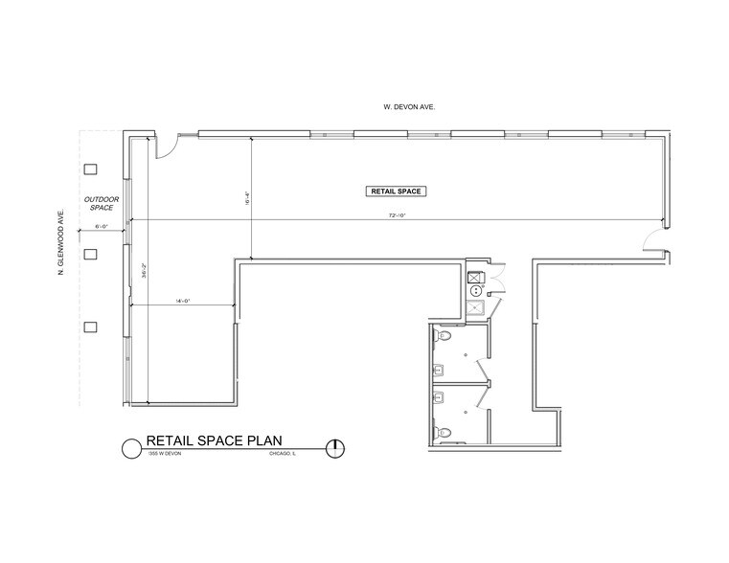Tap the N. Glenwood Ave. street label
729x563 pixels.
60,243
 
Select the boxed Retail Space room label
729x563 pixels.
396,191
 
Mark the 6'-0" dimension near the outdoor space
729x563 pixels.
102,227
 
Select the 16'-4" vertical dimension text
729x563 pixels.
248,201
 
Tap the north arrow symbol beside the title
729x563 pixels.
335,446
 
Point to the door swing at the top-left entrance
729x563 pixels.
166,145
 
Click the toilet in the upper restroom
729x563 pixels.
444,337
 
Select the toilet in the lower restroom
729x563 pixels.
444,432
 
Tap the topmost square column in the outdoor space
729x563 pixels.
91,169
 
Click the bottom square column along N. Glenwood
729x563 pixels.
91,327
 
